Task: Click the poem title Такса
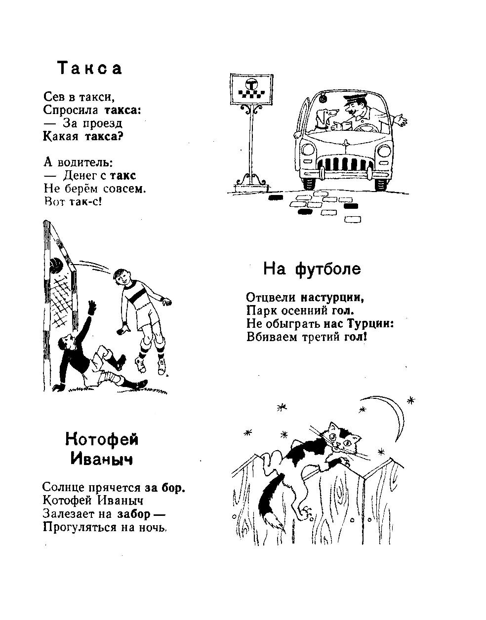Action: pyautogui.click(x=89, y=69)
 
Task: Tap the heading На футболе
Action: pyautogui.click(x=312, y=269)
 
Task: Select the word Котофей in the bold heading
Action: pyautogui.click(x=102, y=440)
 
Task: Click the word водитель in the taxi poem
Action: pyautogui.click(x=85, y=162)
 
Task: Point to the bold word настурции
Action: pyautogui.click(x=332, y=297)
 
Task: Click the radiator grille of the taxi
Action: pyautogui.click(x=346, y=163)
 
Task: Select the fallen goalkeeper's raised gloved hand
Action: pyautogui.click(x=92, y=308)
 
